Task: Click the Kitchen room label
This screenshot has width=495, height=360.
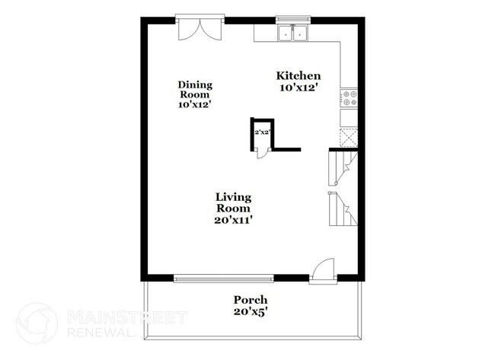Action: [298, 76]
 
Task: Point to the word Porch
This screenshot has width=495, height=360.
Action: [250, 300]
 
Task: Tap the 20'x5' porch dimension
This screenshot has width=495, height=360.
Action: [250, 312]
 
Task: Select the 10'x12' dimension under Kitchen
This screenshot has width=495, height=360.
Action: [298, 88]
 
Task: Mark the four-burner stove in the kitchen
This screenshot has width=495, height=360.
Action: [349, 97]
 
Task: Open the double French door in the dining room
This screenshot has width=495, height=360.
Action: [199, 29]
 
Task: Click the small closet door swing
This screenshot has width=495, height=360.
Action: [260, 152]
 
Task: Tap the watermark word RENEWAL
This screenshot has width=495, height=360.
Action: [97, 333]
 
